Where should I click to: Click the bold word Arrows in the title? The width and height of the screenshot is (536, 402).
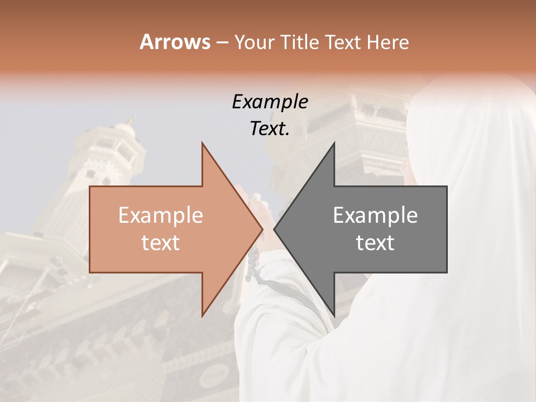tap(175, 42)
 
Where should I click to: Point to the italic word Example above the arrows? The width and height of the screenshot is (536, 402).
tap(270, 102)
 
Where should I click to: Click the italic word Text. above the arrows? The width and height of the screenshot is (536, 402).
tap(270, 129)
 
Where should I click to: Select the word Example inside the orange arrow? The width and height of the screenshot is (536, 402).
tap(161, 215)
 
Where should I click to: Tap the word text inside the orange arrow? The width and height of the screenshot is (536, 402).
tap(161, 243)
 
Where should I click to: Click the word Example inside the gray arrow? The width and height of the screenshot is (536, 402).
tap(375, 215)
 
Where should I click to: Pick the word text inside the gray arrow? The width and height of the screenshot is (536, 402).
tap(375, 243)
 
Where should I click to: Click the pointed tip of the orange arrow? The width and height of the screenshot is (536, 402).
tap(262, 229)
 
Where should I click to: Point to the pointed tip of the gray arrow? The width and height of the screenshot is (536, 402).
tap(275, 229)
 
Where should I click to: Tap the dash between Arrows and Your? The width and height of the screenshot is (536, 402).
tap(222, 42)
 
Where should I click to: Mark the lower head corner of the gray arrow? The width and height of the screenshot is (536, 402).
tap(334, 315)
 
